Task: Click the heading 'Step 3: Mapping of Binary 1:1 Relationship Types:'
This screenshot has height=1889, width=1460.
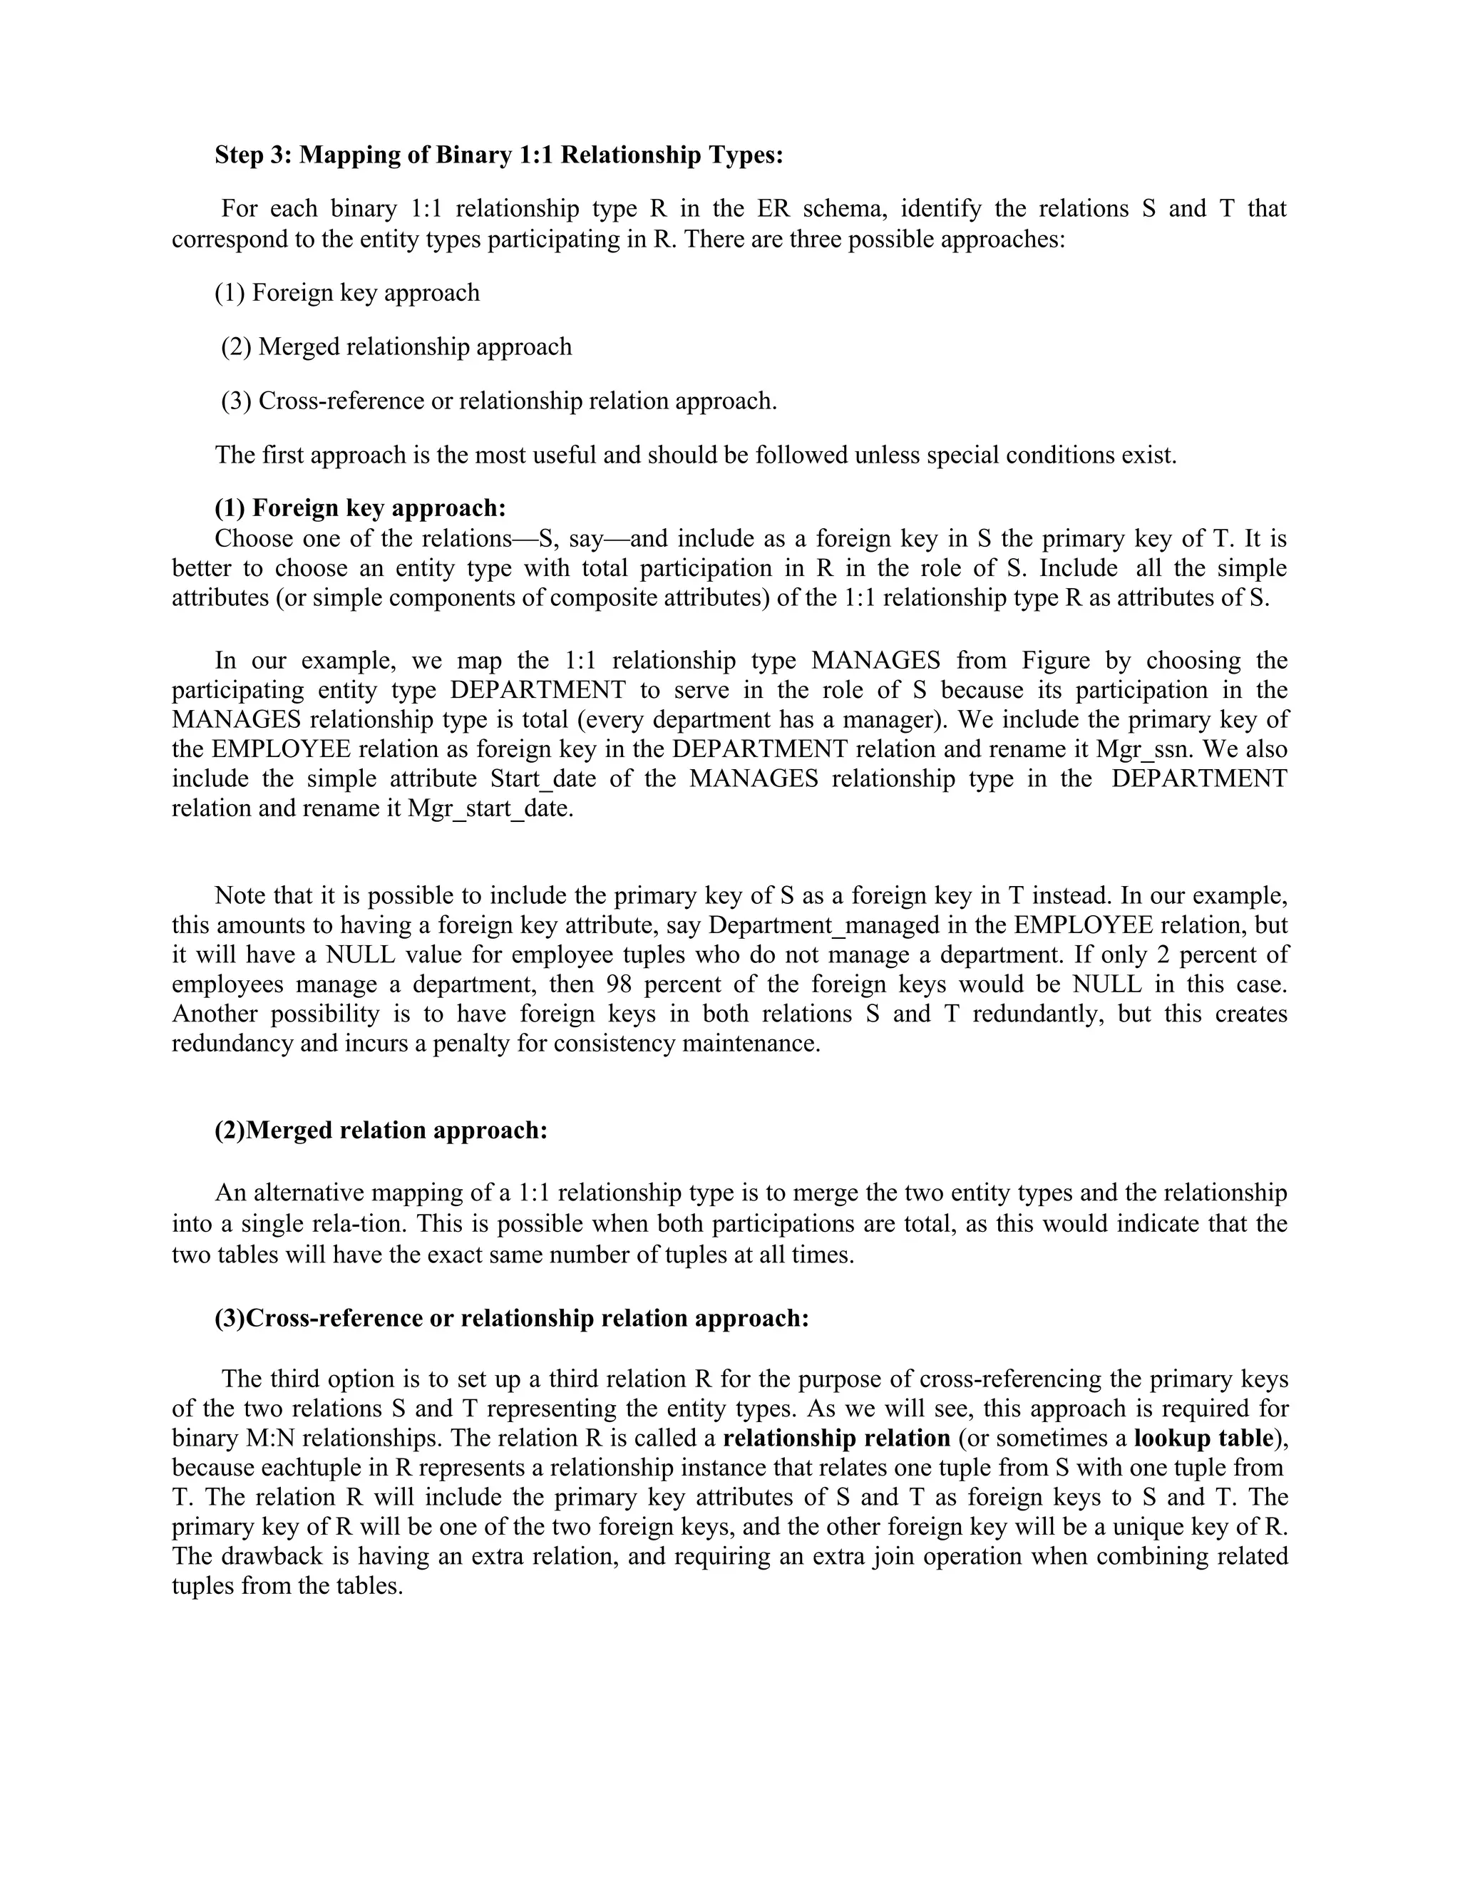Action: (x=499, y=155)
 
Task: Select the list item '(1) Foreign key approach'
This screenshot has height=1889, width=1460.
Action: (x=347, y=292)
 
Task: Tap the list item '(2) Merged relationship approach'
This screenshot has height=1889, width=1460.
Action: (x=396, y=347)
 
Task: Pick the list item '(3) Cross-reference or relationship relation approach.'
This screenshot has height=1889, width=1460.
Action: (x=499, y=401)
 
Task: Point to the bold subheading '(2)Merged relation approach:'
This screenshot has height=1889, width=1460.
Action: (x=381, y=1130)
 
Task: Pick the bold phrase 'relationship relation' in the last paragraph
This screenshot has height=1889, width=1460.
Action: (x=836, y=1438)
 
